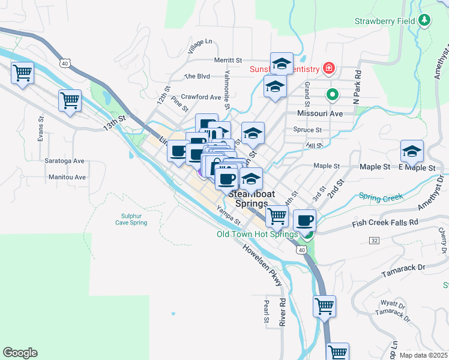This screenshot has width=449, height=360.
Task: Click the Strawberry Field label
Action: tap(385, 20)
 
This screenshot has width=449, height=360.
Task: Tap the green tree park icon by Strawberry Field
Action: tap(425, 20)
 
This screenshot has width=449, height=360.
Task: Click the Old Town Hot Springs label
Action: tap(257, 234)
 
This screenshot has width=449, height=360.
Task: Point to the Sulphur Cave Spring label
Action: tap(131, 219)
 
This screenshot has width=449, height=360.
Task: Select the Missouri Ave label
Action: tap(319, 113)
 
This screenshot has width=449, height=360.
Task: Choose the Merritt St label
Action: tap(228, 60)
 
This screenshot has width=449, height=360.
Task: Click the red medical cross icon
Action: tap(328, 68)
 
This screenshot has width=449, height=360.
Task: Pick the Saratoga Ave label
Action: tap(64, 161)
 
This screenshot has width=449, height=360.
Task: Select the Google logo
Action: tap(20, 353)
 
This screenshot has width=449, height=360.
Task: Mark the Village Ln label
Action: tap(199, 47)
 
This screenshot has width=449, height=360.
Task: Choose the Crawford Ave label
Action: tap(202, 97)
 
